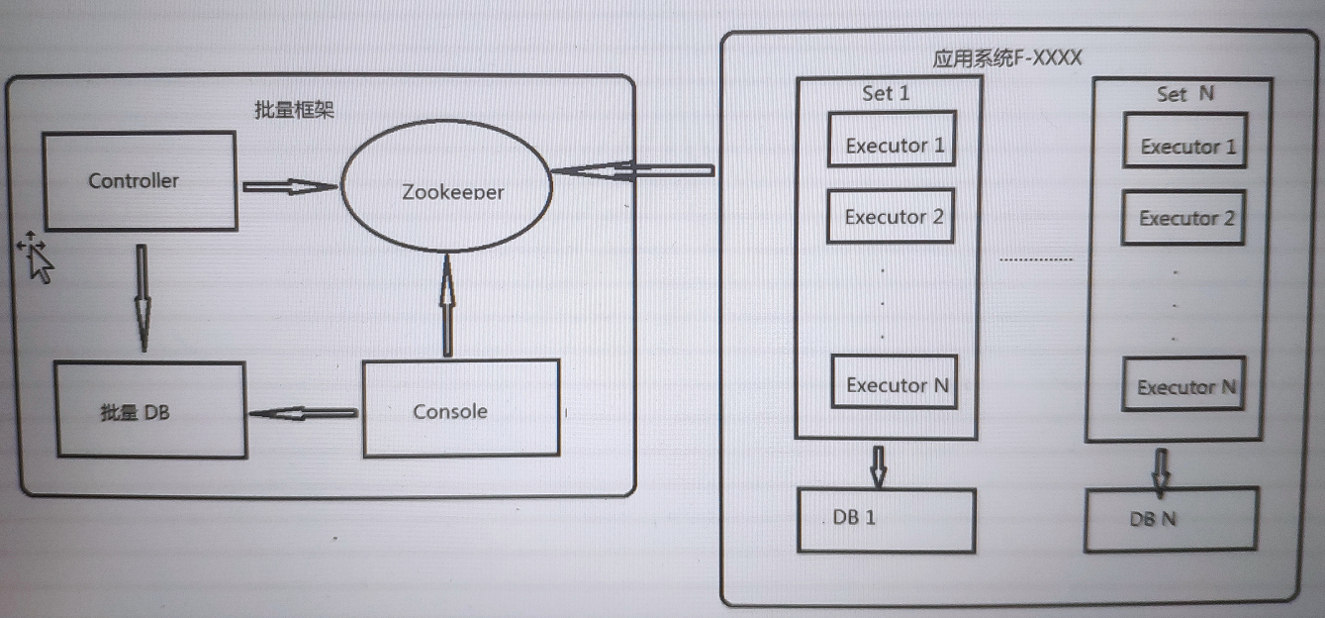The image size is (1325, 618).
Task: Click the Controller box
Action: pyautogui.click(x=141, y=180)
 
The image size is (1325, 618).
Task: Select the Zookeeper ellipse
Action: pyautogui.click(x=446, y=186)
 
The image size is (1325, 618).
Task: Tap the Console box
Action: pyautogui.click(x=461, y=408)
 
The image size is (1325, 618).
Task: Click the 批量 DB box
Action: pyautogui.click(x=150, y=410)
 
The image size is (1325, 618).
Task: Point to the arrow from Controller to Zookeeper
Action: pyautogui.click(x=290, y=186)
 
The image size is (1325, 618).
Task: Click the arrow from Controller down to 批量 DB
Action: pyautogui.click(x=142, y=298)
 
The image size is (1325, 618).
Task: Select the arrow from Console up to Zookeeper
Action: pyautogui.click(x=448, y=305)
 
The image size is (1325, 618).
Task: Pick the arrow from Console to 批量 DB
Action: pyautogui.click(x=303, y=413)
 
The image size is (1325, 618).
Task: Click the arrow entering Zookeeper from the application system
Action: pyautogui.click(x=633, y=171)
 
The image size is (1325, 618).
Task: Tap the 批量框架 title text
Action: pyautogui.click(x=294, y=110)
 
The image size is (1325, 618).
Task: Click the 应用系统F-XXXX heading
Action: pyautogui.click(x=1006, y=58)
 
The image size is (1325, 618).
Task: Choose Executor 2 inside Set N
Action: pyautogui.click(x=1183, y=217)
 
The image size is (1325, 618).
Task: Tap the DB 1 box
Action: pyautogui.click(x=886, y=520)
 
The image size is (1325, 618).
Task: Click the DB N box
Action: pyautogui.click(x=1172, y=519)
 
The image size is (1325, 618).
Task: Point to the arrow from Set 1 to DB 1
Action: pyautogui.click(x=879, y=466)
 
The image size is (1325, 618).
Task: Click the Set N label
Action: pyautogui.click(x=1184, y=93)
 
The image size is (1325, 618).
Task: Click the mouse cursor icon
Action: pyautogui.click(x=37, y=257)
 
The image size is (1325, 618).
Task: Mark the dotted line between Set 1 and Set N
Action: pyautogui.click(x=1036, y=259)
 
